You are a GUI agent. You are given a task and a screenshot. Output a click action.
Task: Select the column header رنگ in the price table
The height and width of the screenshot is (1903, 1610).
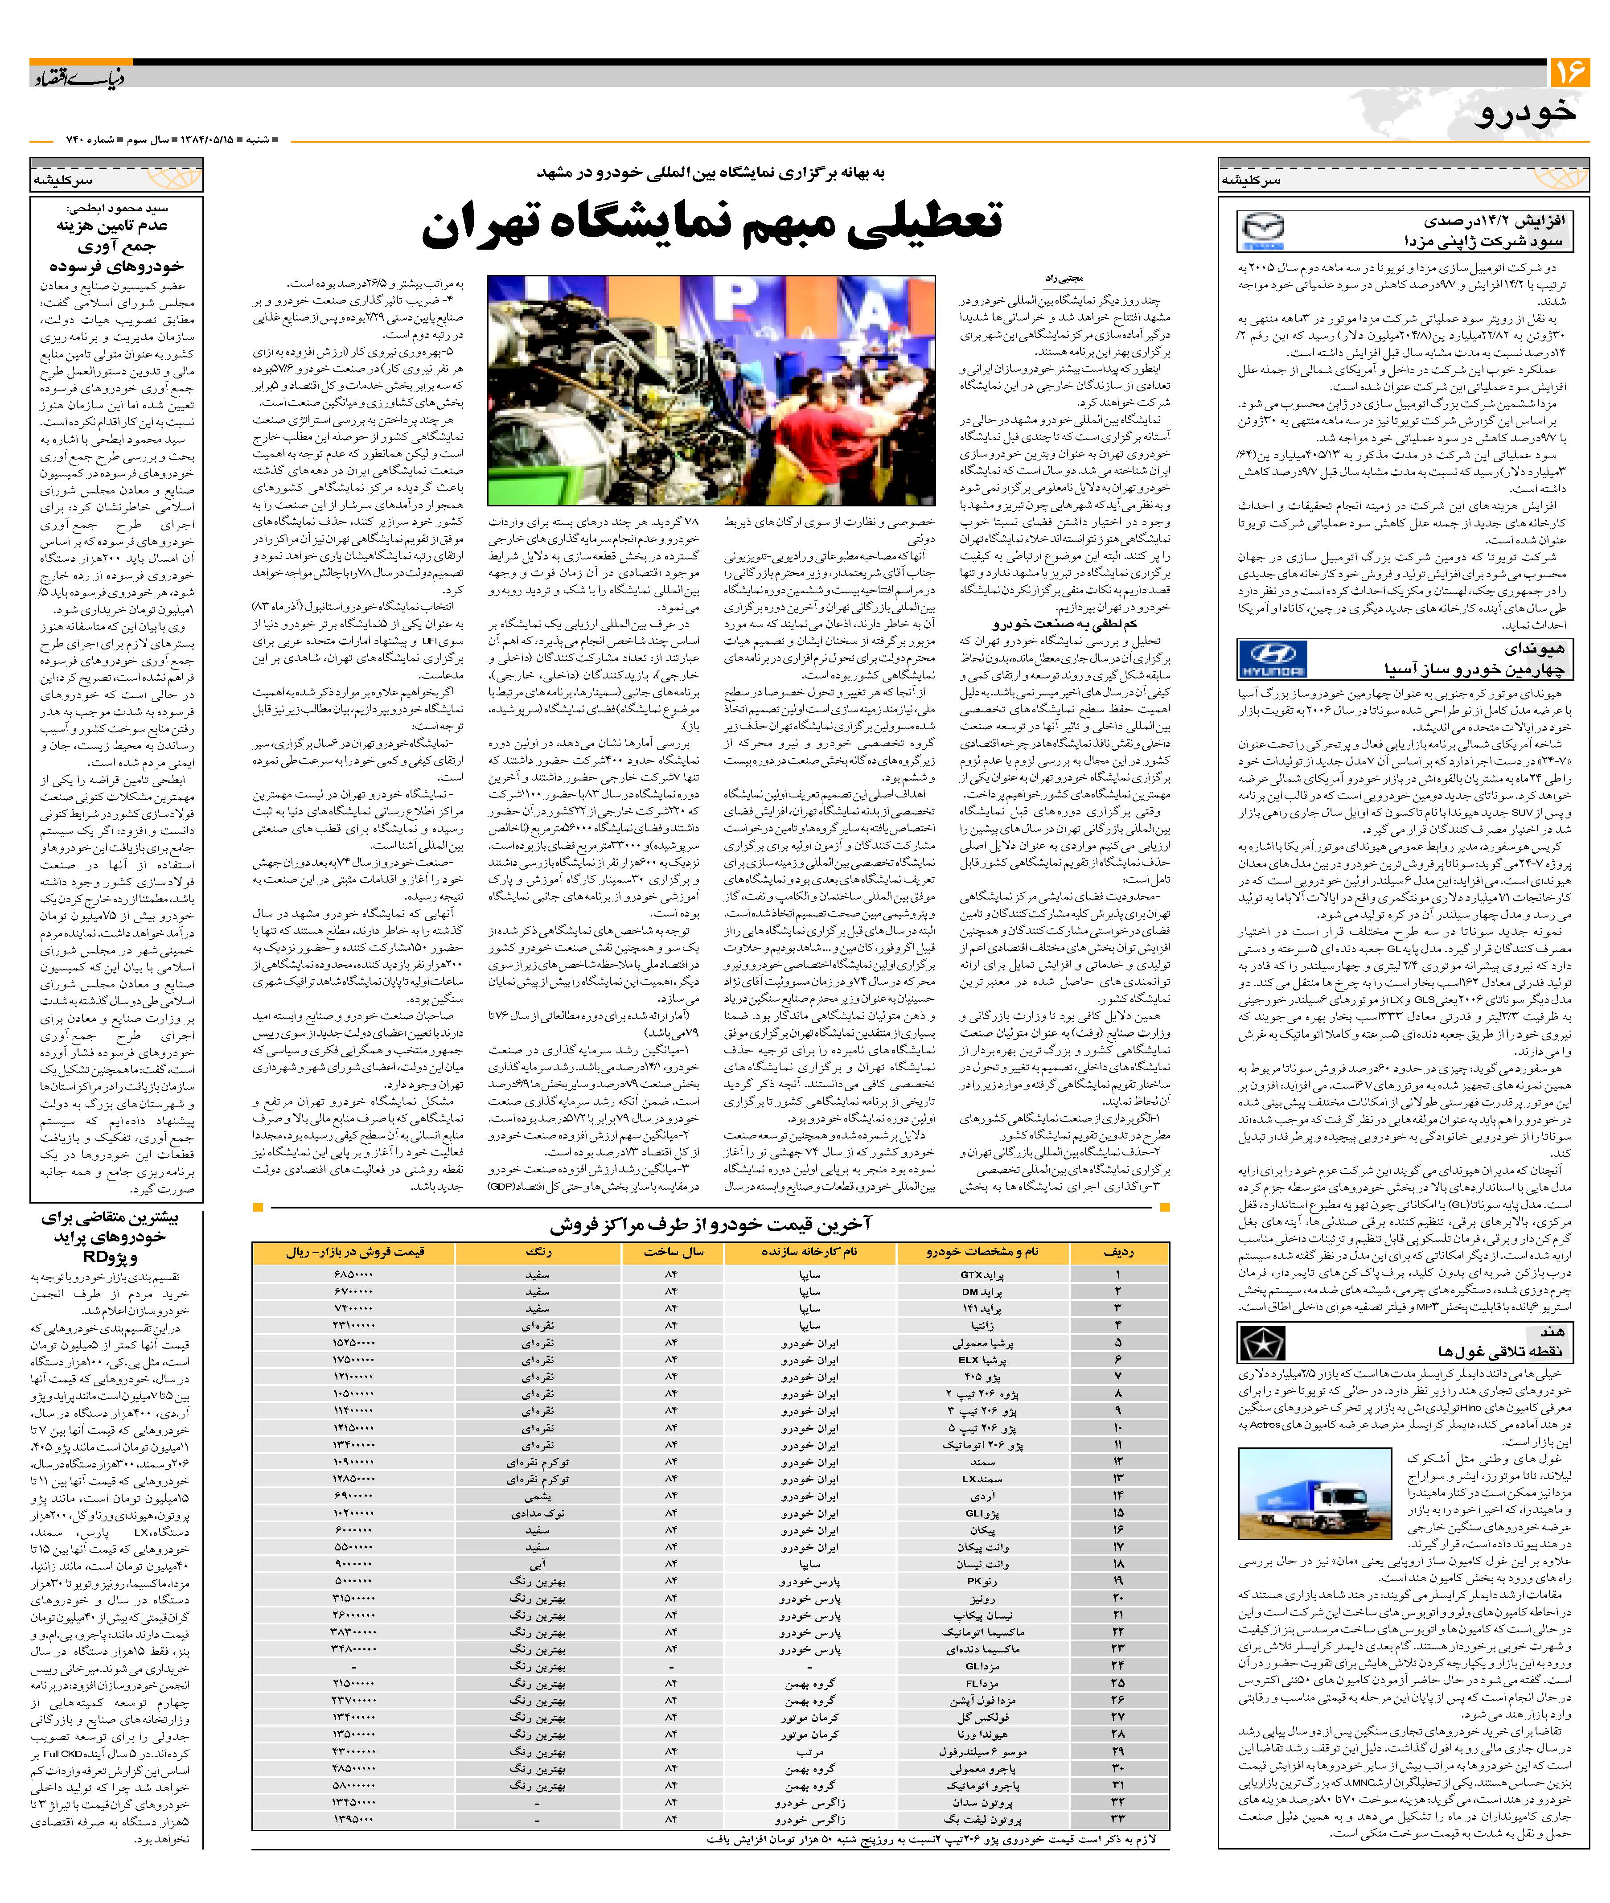pyautogui.click(x=538, y=1252)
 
